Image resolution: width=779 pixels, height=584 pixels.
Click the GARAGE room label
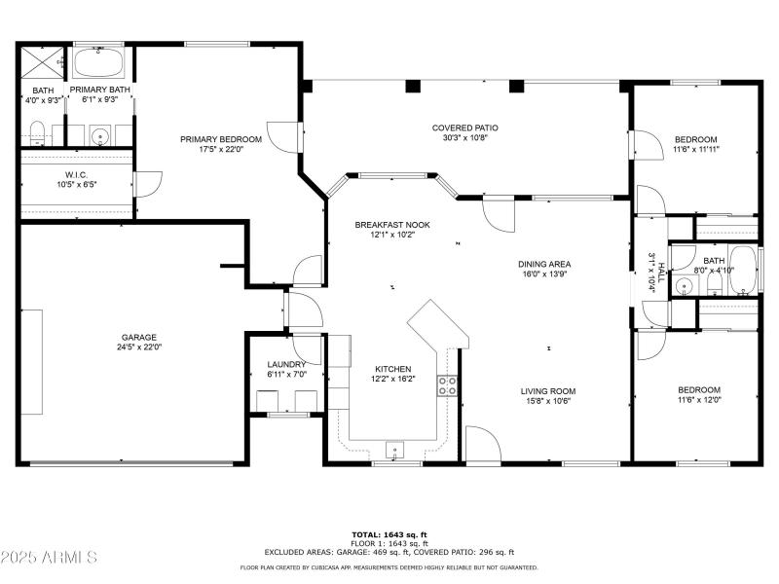tap(138, 337)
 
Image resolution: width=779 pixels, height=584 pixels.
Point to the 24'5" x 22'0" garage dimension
tap(138, 347)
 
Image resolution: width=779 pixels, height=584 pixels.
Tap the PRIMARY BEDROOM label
tap(220, 139)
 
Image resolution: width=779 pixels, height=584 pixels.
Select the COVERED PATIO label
tap(465, 128)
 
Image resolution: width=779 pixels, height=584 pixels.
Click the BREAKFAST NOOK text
tap(391, 225)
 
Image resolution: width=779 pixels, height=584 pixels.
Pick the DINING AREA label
tap(544, 264)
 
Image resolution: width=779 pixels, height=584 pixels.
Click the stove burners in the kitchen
tap(447, 384)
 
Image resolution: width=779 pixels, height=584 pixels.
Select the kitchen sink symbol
tap(394, 450)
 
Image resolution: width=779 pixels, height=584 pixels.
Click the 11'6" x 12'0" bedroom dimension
tap(699, 399)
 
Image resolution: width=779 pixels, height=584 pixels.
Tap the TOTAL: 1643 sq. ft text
tap(389, 534)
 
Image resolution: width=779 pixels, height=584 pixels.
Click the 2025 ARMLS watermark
tap(49, 557)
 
